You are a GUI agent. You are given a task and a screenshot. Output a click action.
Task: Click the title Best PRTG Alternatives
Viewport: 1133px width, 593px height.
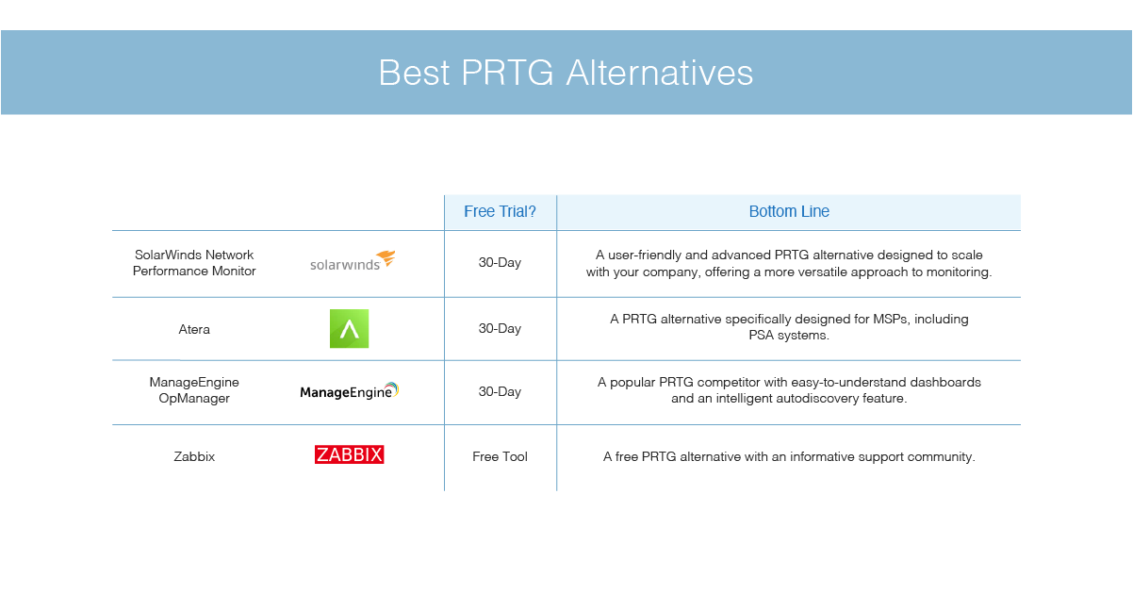click(566, 73)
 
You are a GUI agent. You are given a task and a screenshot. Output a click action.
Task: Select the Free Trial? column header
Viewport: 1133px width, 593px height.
click(500, 211)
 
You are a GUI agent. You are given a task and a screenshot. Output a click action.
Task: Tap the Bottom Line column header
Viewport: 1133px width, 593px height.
click(789, 211)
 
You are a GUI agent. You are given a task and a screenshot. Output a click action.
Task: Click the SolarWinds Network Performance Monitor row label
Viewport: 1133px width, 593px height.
click(194, 263)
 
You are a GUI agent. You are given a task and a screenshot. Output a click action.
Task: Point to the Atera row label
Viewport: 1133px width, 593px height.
click(194, 329)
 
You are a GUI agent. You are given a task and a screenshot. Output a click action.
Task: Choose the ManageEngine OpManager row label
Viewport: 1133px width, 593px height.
click(194, 390)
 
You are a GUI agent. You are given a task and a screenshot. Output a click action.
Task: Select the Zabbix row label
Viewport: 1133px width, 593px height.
click(194, 456)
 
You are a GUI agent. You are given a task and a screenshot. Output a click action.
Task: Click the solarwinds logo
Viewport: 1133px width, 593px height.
click(353, 261)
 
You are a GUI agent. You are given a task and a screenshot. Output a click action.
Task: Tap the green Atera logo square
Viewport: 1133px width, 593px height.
click(349, 328)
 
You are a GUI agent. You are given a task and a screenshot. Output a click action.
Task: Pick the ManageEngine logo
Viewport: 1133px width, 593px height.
click(349, 390)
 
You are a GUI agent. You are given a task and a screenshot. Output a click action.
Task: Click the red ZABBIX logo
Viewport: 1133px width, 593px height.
click(349, 454)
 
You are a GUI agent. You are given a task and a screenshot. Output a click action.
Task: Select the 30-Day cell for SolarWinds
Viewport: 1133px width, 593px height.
click(500, 263)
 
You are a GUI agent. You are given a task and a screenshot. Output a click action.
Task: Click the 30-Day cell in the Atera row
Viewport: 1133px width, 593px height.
click(500, 328)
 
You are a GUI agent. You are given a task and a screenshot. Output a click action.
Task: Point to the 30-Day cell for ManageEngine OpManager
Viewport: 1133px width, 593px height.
click(500, 391)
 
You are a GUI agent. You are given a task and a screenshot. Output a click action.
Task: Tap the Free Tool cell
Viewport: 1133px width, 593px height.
click(500, 456)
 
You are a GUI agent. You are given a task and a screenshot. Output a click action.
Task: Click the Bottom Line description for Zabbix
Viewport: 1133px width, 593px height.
click(789, 456)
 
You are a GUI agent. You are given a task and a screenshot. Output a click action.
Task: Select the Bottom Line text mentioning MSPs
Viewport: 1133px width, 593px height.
click(789, 327)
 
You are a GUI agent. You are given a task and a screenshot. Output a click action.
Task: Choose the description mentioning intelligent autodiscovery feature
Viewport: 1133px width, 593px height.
click(789, 390)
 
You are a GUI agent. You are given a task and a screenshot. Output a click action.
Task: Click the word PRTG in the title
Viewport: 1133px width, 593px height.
click(507, 73)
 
